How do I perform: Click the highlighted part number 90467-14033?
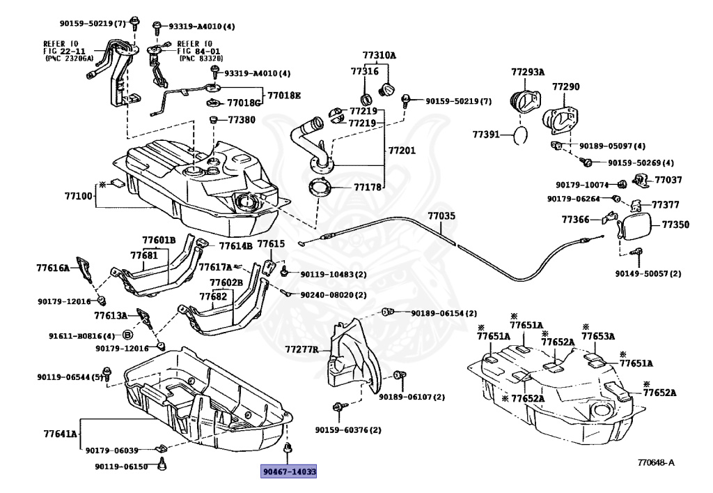click(288, 471)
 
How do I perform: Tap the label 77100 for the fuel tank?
click(78, 196)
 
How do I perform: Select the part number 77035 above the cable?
click(441, 215)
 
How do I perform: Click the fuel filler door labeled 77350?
click(636, 227)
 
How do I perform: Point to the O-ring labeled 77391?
click(521, 135)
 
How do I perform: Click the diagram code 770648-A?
click(656, 463)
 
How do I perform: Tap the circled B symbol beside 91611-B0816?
click(128, 335)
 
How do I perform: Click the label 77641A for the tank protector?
click(61, 434)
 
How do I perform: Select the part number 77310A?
click(379, 56)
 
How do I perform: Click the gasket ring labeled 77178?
click(319, 188)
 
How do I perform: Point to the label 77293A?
click(528, 72)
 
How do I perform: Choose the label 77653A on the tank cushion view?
click(598, 336)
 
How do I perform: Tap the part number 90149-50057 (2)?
click(648, 273)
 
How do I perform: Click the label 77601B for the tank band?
click(159, 241)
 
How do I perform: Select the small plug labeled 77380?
click(212, 120)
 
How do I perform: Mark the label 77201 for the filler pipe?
click(402, 150)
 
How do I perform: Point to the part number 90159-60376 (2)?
click(348, 430)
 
